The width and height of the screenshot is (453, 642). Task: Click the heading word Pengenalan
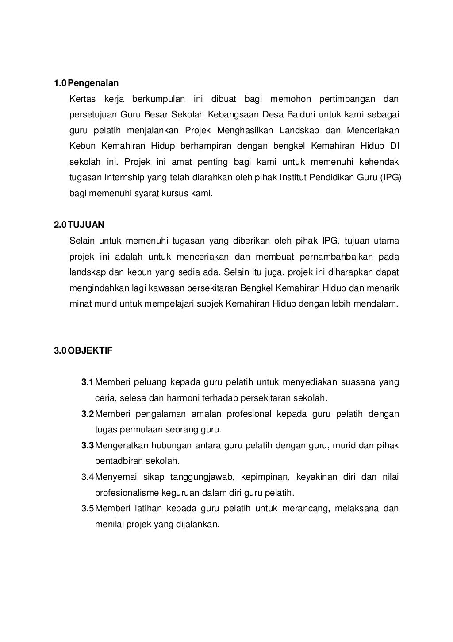tap(93, 83)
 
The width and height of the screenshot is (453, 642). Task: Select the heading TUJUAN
tap(86, 225)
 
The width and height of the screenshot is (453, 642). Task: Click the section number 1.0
tap(60, 83)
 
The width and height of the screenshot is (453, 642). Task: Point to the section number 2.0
tap(60, 225)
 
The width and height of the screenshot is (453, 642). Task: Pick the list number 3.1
tap(87, 382)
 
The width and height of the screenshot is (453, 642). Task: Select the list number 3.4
tap(87, 477)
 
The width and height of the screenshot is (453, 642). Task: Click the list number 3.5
tap(87, 508)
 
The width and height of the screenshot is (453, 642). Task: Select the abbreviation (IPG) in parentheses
tap(390, 178)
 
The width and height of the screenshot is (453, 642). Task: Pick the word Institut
tap(293, 178)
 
